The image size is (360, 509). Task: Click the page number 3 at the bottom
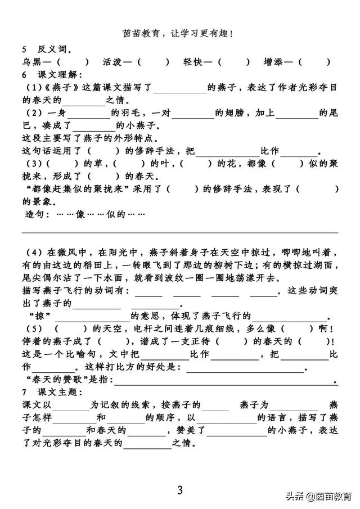coord(180,490)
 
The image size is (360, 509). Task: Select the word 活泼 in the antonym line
coord(112,61)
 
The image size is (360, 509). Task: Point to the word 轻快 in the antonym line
coord(193,61)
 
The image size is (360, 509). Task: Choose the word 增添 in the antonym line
coord(273,61)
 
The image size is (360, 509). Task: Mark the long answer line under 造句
coord(180,233)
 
